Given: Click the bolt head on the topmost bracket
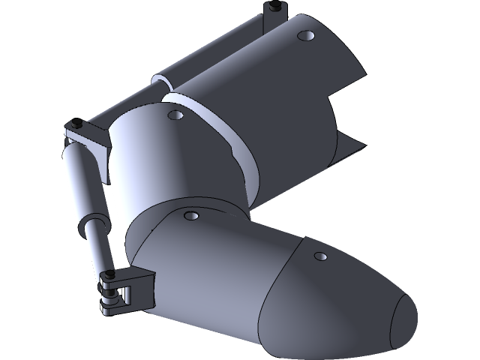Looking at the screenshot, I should pyautogui.click(x=274, y=7).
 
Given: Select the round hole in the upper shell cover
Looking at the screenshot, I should pyautogui.click(x=304, y=35).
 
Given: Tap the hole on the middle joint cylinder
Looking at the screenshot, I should pyautogui.click(x=175, y=115).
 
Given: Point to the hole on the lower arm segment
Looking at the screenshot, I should pyautogui.click(x=191, y=216).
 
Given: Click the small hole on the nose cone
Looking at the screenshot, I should pyautogui.click(x=321, y=256).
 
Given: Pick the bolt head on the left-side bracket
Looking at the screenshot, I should pyautogui.click(x=76, y=122).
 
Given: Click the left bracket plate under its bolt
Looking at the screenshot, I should pyautogui.click(x=86, y=136).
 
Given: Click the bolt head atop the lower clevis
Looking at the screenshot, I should pyautogui.click(x=109, y=274).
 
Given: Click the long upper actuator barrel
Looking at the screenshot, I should pyautogui.click(x=217, y=52).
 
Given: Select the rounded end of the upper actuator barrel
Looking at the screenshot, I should pyautogui.click(x=160, y=78).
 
